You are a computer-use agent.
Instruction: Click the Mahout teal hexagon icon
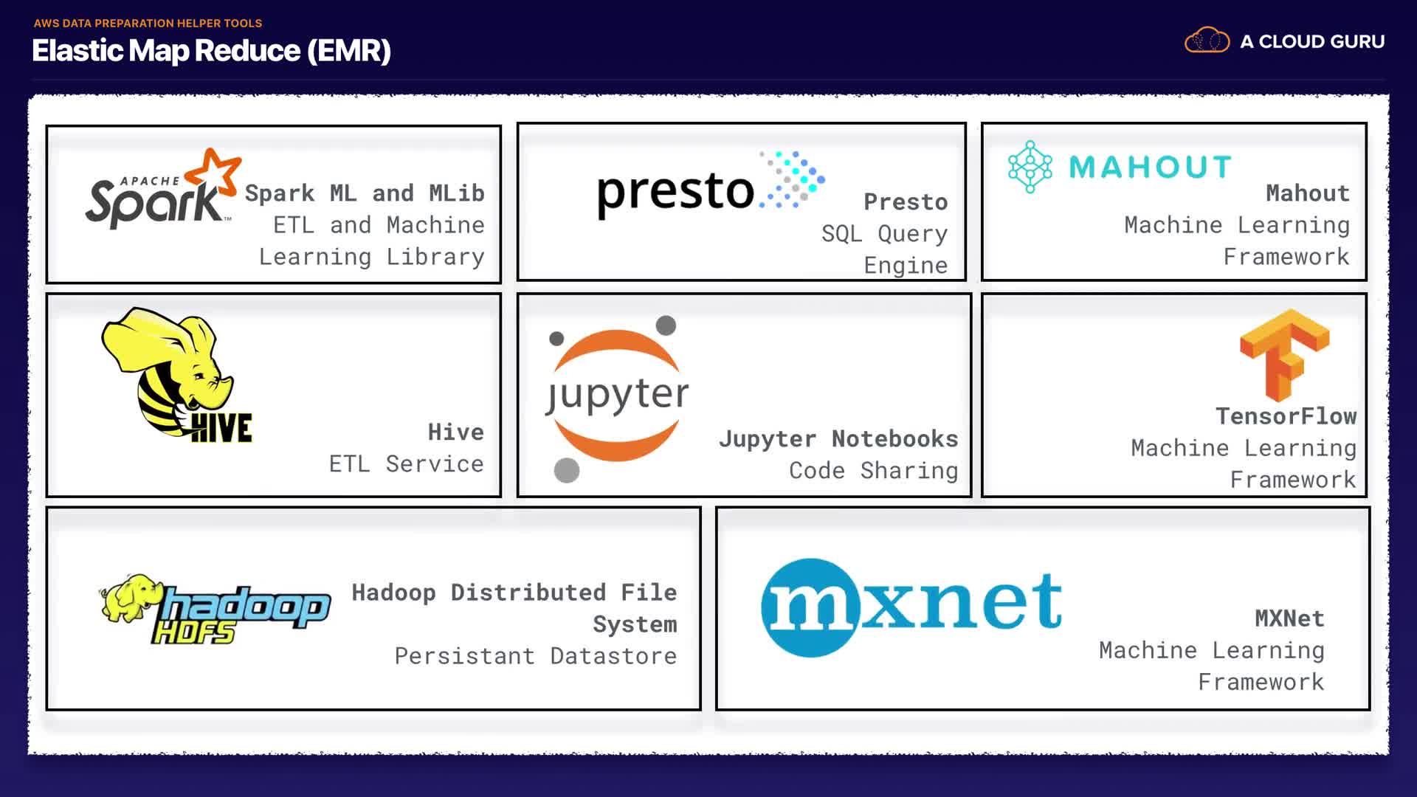pyautogui.click(x=1030, y=167)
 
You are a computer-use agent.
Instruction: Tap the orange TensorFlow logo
pyautogui.click(x=1285, y=355)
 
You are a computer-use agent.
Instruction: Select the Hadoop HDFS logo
pyautogui.click(x=215, y=609)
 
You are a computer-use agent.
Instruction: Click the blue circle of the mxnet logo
pyautogui.click(x=811, y=607)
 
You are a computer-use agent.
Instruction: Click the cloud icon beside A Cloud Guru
pyautogui.click(x=1207, y=40)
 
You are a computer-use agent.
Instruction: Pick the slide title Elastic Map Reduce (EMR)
pyautogui.click(x=212, y=51)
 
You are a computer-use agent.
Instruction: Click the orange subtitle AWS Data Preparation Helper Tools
pyautogui.click(x=148, y=23)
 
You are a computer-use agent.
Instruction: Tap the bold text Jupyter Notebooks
pyautogui.click(x=838, y=439)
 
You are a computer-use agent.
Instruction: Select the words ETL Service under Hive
pyautogui.click(x=407, y=463)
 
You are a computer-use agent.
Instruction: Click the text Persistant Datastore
pyautogui.click(x=536, y=655)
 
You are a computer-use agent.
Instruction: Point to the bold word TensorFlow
pyautogui.click(x=1286, y=416)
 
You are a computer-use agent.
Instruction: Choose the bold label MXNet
pyautogui.click(x=1290, y=618)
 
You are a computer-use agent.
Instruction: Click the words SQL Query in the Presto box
pyautogui.click(x=885, y=234)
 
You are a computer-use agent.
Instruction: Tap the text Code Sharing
pyautogui.click(x=874, y=471)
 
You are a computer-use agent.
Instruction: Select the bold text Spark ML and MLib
pyautogui.click(x=365, y=193)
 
